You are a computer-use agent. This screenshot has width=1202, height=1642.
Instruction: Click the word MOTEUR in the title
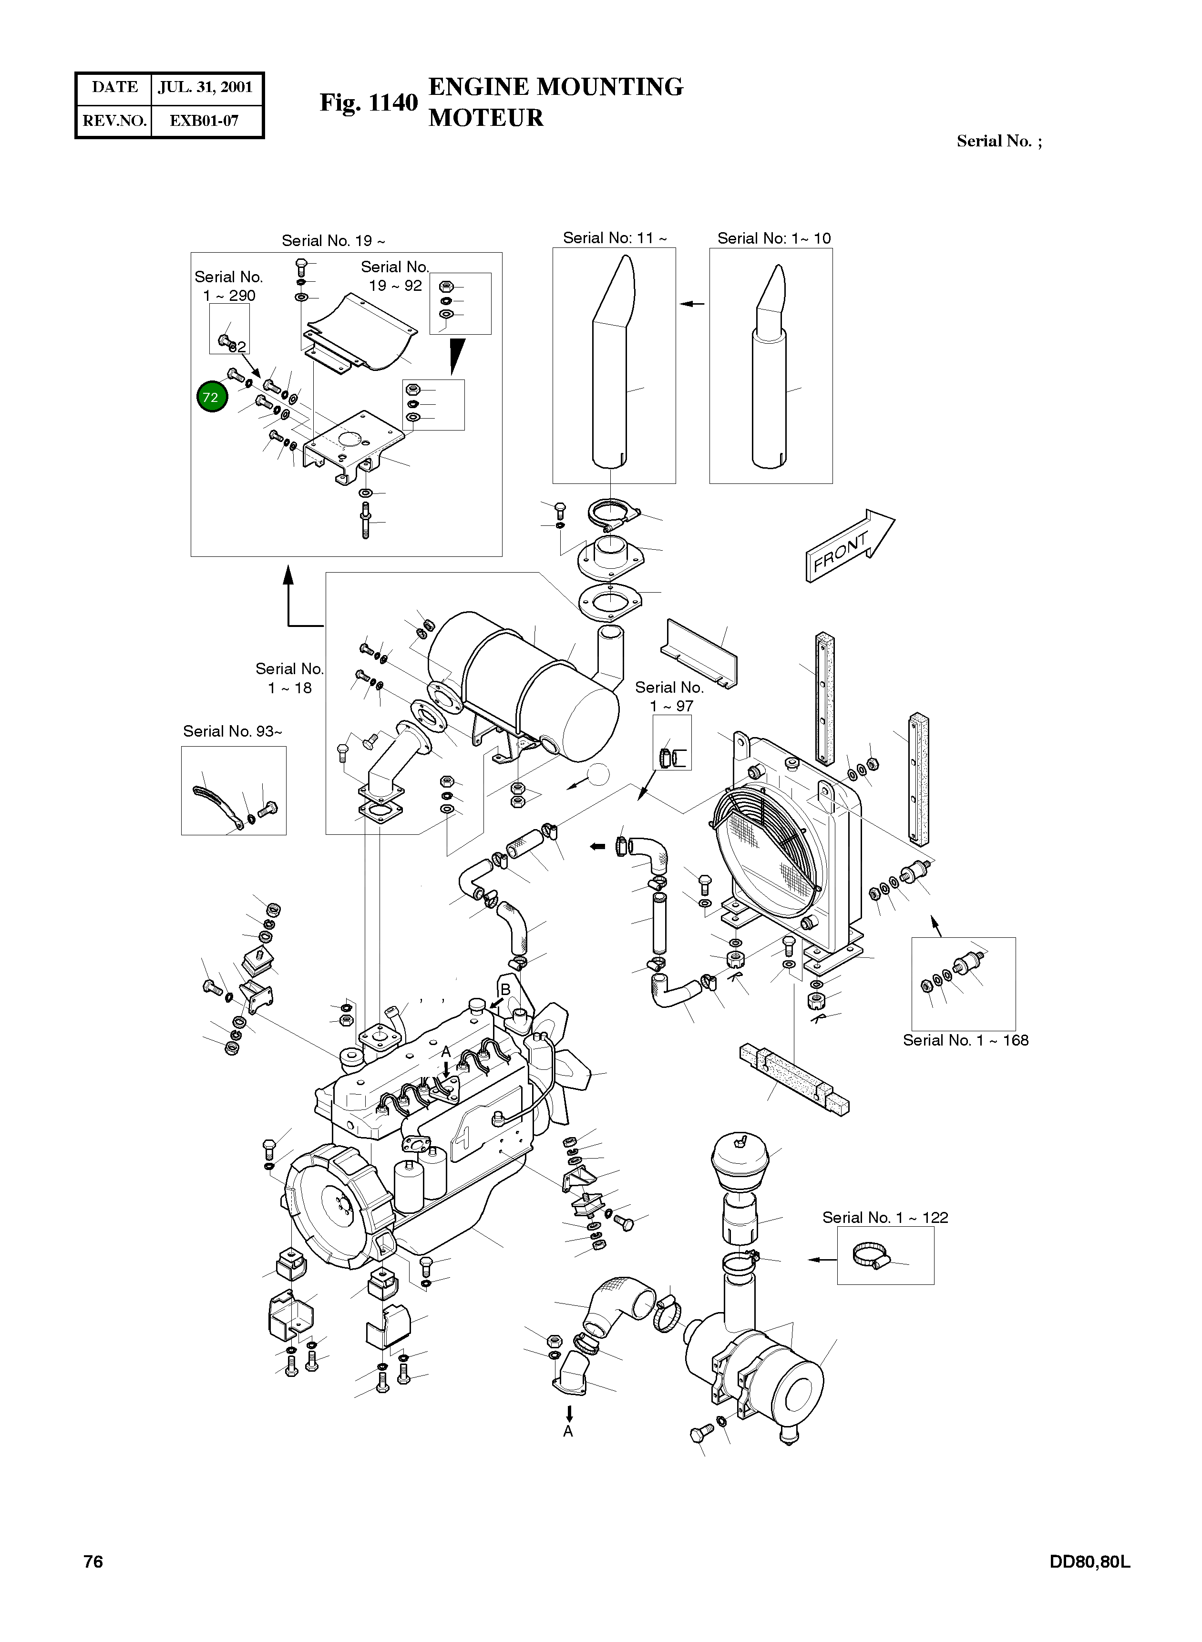pyautogui.click(x=485, y=118)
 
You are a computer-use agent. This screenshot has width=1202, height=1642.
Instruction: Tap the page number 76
pyautogui.click(x=93, y=1561)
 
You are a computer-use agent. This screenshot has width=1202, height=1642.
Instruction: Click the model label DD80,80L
pyautogui.click(x=1089, y=1561)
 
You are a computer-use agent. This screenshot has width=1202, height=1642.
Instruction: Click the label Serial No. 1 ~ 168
pyautogui.click(x=965, y=1040)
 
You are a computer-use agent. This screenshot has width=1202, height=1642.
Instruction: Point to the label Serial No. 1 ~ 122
pyautogui.click(x=885, y=1218)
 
